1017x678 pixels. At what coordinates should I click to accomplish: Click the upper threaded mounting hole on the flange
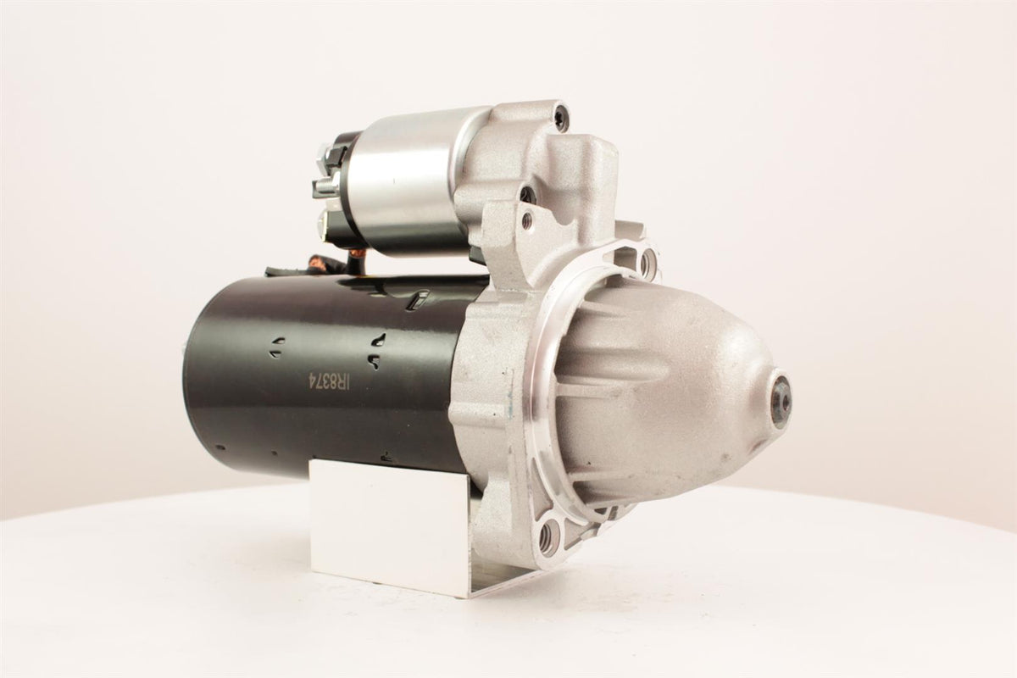pos(646,263)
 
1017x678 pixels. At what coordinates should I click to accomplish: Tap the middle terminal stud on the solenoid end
pos(326,186)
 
